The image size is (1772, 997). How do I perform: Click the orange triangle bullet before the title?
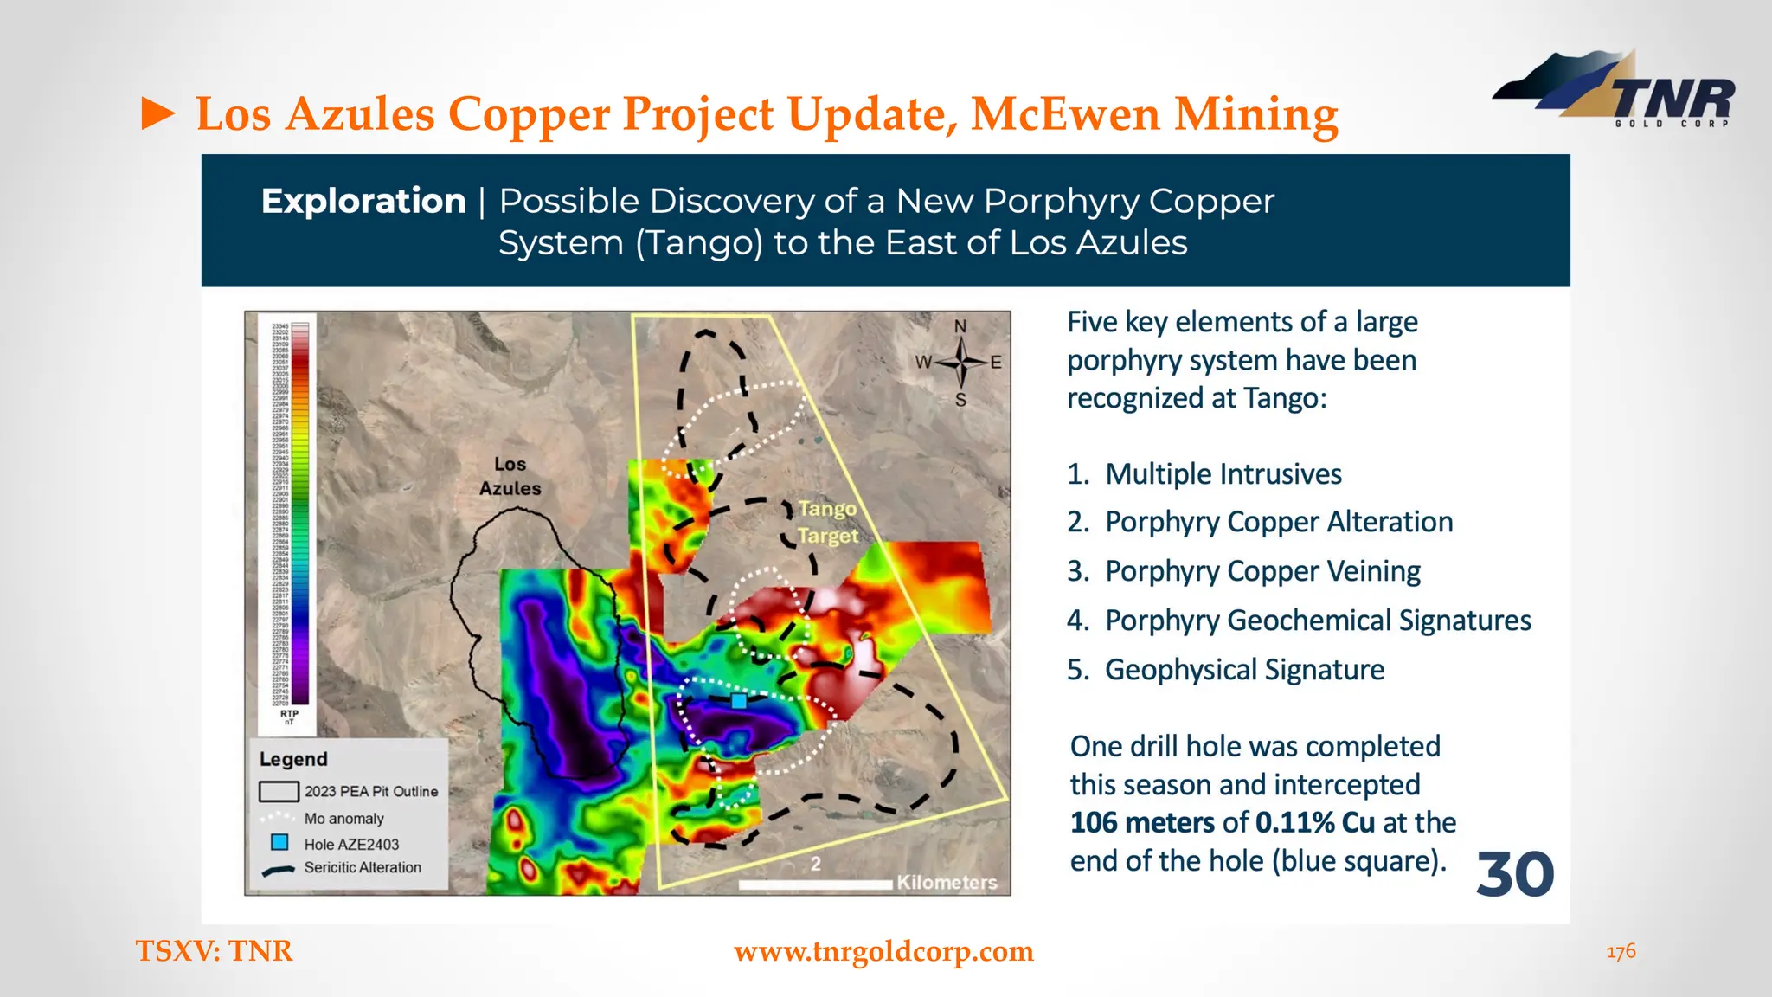click(x=157, y=114)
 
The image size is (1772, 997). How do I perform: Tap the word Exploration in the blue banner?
click(x=363, y=201)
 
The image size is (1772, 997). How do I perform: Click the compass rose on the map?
click(x=960, y=363)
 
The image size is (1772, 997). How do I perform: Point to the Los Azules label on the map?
click(x=510, y=476)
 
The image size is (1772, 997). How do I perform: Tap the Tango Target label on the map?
click(x=828, y=522)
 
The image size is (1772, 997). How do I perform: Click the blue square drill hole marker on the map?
click(x=739, y=701)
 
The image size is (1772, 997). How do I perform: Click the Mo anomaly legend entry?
click(x=343, y=818)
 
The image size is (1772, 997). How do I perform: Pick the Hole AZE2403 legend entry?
click(x=351, y=844)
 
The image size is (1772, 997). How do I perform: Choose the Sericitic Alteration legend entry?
click(x=362, y=867)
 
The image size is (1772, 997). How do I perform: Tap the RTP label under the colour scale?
click(x=290, y=715)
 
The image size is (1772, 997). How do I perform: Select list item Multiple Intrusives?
click(x=1223, y=474)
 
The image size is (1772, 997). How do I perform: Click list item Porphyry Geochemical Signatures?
click(x=1317, y=621)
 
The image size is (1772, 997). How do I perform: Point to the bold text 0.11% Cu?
click(x=1314, y=822)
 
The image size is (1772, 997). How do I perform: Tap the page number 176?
click(x=1621, y=951)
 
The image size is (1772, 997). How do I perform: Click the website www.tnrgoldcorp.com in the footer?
click(x=883, y=951)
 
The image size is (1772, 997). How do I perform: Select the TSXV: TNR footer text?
click(x=215, y=951)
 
